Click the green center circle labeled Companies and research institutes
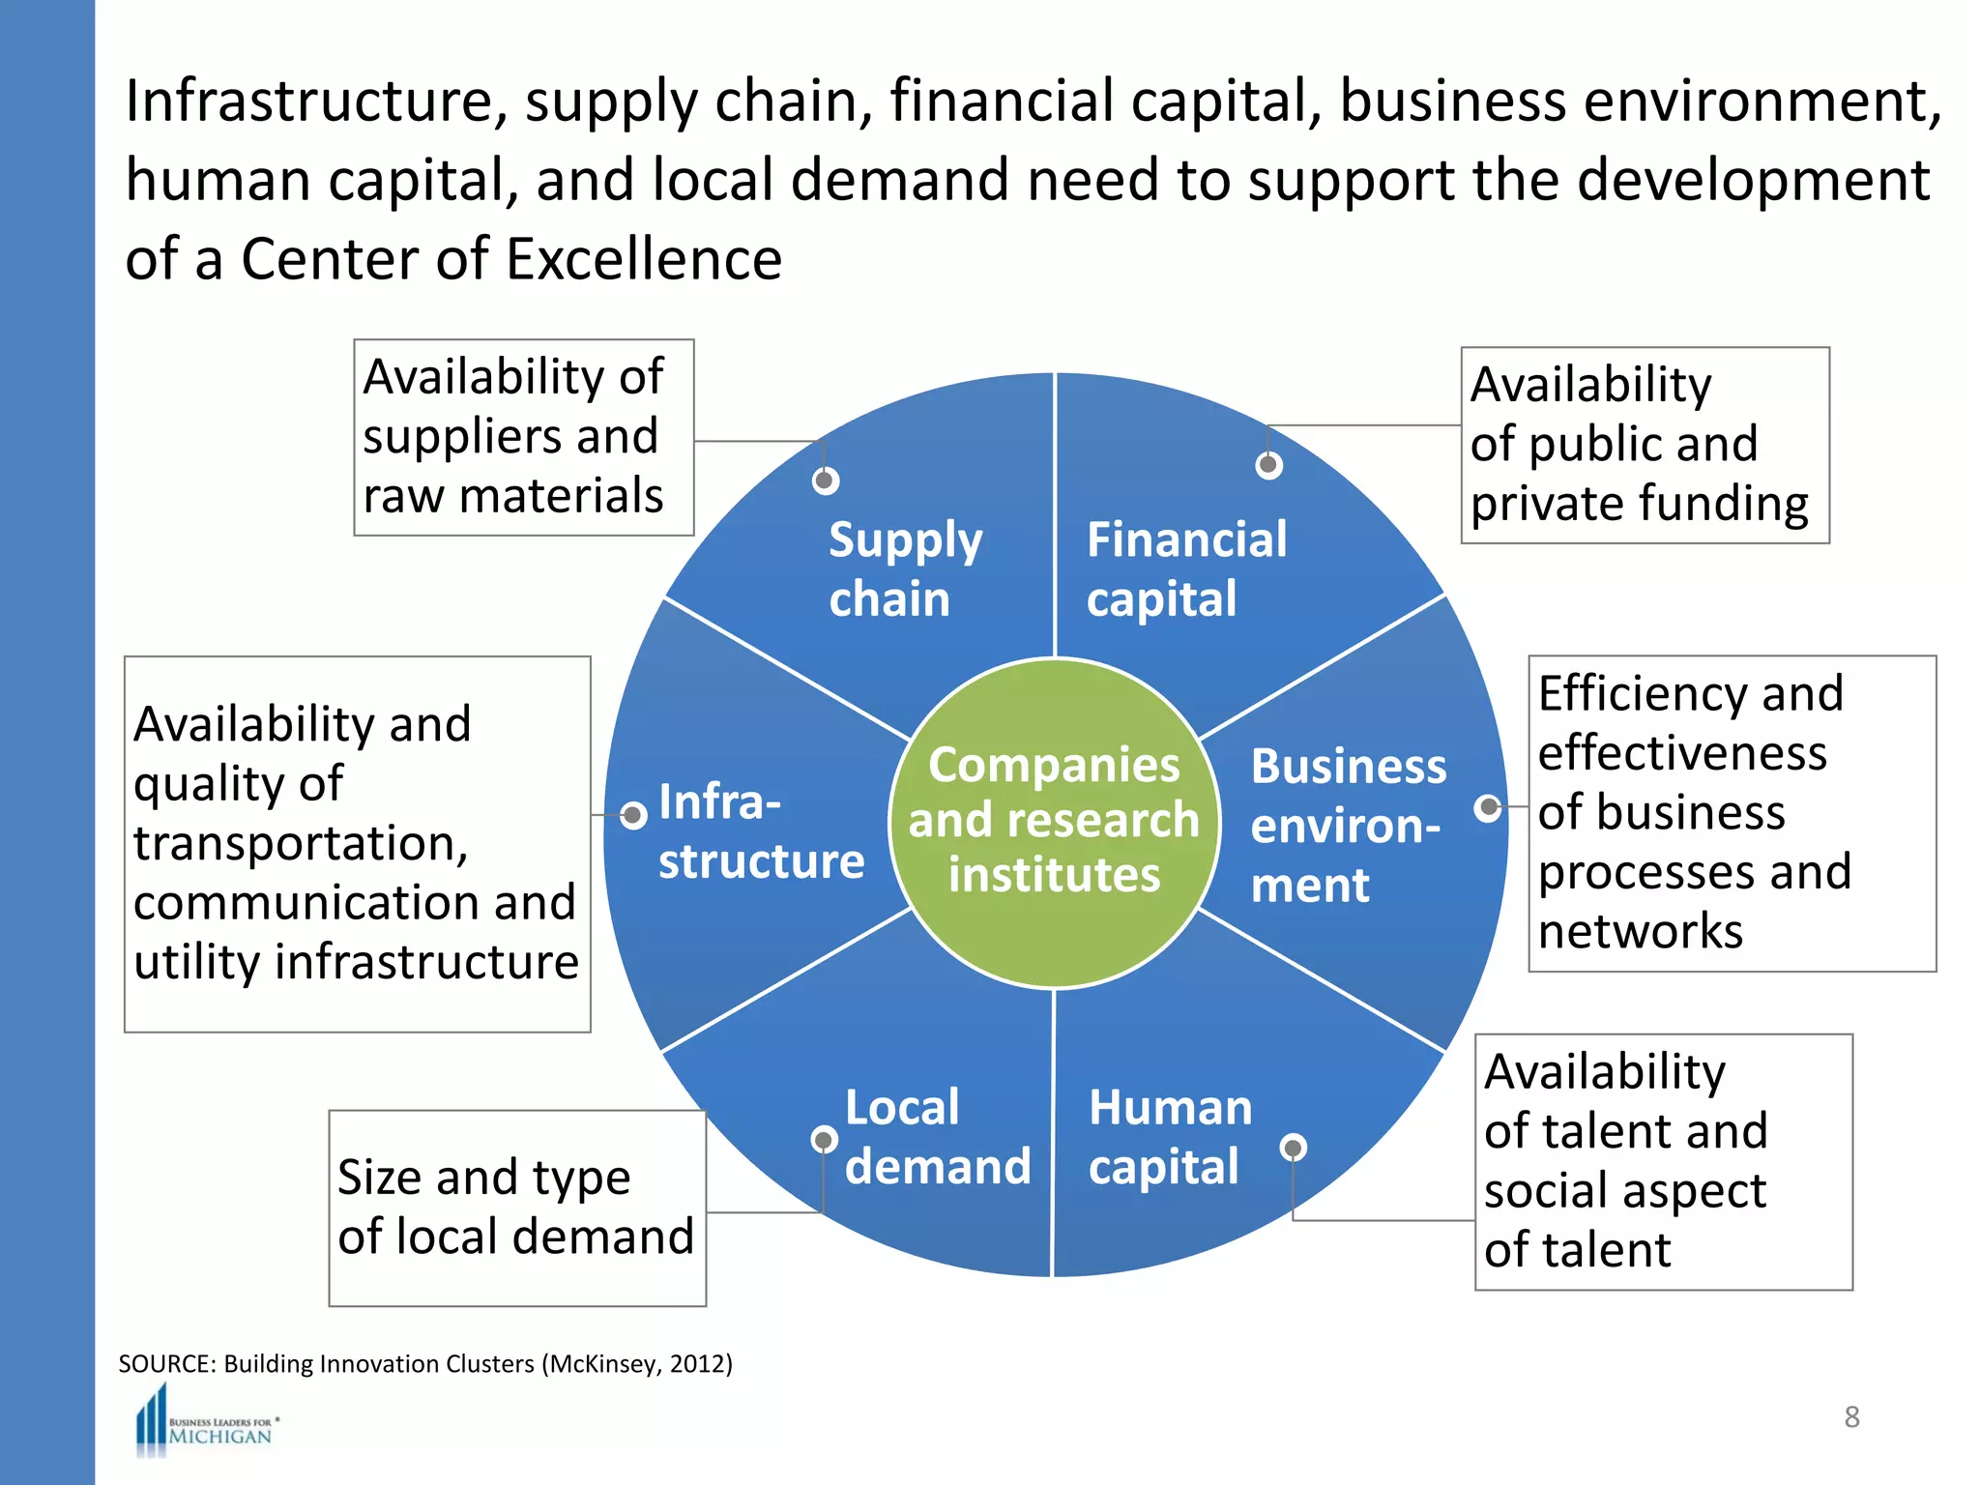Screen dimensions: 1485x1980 1054,822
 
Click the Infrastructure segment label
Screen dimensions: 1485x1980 760,831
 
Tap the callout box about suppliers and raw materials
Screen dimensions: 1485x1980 523,437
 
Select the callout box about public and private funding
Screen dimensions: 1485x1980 1644,445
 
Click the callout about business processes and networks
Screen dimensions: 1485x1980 1731,813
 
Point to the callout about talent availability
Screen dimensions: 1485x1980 1663,1161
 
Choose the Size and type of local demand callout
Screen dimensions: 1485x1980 517,1208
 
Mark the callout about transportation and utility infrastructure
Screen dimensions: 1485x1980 357,843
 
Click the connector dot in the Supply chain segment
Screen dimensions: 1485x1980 825,480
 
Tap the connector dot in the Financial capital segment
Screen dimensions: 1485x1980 1268,466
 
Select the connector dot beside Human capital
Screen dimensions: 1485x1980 1293,1148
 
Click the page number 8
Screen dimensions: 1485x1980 1851,1416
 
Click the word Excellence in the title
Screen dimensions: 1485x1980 644,259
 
